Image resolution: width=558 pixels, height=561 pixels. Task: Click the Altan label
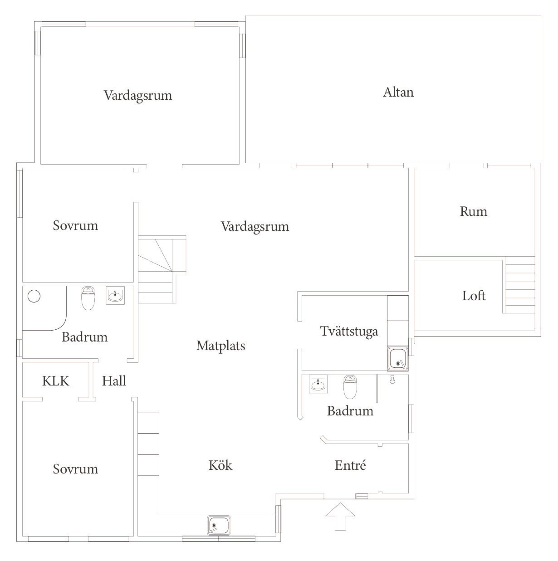(398, 92)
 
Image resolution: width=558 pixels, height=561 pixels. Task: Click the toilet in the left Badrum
(88, 298)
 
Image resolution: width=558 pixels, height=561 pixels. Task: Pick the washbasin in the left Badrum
(115, 295)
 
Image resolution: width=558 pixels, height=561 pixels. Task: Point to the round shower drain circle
(34, 296)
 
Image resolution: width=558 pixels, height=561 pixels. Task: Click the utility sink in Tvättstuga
(397, 358)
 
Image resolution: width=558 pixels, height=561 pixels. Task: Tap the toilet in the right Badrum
(350, 387)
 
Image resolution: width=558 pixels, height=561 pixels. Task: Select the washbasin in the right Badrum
(318, 384)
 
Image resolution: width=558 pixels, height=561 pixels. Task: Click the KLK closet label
(56, 381)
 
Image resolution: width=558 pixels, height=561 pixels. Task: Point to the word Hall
(114, 381)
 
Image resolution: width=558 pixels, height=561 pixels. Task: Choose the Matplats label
(220, 346)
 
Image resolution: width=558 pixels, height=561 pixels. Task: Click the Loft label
(474, 296)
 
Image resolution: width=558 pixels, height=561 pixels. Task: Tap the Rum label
(473, 211)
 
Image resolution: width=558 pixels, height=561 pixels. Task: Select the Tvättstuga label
(349, 332)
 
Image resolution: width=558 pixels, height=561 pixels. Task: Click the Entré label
(350, 465)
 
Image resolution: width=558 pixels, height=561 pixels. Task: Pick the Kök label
(220, 465)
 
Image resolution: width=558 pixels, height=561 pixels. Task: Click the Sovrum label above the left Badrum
(75, 225)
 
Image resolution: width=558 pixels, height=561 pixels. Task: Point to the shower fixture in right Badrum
(392, 379)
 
